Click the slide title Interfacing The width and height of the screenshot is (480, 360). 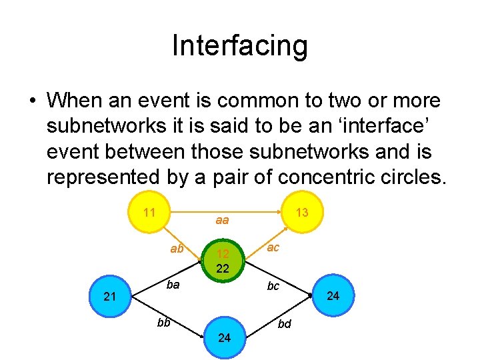tap(240, 46)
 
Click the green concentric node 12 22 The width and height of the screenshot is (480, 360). tap(223, 261)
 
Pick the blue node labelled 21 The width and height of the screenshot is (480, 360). tap(111, 296)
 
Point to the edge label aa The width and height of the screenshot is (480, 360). tap(222, 220)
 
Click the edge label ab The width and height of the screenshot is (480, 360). tap(177, 249)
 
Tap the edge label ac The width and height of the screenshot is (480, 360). tap(273, 247)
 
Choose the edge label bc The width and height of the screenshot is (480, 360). tap(273, 286)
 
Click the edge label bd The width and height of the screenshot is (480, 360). tap(284, 325)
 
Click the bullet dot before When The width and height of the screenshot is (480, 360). tap(32, 101)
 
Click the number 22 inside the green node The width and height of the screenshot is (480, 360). tap(223, 269)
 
